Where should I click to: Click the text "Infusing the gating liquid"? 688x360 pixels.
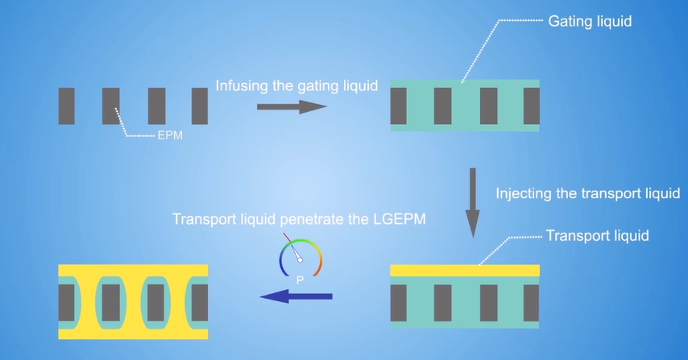pyautogui.click(x=296, y=86)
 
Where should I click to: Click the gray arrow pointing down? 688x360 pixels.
pyautogui.click(x=473, y=201)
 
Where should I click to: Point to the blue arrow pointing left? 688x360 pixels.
pyautogui.click(x=296, y=297)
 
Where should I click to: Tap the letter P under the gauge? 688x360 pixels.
pyautogui.click(x=300, y=281)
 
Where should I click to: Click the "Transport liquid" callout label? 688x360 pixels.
pyautogui.click(x=597, y=236)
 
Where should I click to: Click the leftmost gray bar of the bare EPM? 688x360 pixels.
pyautogui.click(x=66, y=106)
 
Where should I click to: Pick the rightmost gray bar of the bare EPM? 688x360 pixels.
pyautogui.click(x=199, y=106)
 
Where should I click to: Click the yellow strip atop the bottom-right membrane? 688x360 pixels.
pyautogui.click(x=464, y=271)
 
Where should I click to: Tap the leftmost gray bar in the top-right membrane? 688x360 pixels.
pyautogui.click(x=399, y=106)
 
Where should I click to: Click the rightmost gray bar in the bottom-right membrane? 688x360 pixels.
pyautogui.click(x=532, y=302)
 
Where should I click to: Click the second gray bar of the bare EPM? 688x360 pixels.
pyautogui.click(x=110, y=106)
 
